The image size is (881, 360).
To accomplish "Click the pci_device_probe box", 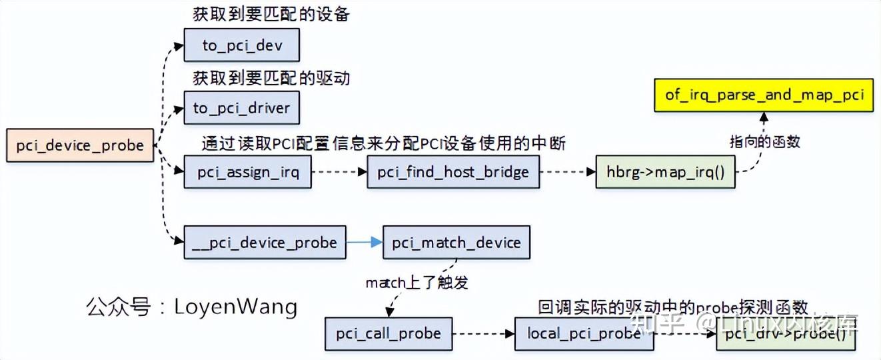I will (80, 145).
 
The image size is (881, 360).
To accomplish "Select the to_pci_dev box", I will (242, 45).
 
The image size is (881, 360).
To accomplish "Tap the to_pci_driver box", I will (242, 107).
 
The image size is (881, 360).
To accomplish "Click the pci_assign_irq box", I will (248, 172).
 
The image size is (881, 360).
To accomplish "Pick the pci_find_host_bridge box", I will (453, 172).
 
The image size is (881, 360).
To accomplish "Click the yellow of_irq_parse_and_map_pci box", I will (764, 95).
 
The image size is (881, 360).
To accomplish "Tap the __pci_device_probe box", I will (265, 243).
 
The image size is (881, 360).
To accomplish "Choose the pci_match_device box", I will (456, 243).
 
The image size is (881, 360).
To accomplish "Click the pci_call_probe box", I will (388, 333).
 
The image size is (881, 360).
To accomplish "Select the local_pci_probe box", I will (584, 333).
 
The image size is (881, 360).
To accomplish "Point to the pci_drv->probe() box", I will (784, 333).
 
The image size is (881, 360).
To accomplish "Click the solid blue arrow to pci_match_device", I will (364, 243).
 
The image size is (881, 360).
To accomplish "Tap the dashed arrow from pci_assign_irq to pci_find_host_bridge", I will (339, 172).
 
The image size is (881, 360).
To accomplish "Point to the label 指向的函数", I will (764, 141).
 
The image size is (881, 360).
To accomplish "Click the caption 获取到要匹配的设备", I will (271, 15).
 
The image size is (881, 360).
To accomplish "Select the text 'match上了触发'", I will (417, 283).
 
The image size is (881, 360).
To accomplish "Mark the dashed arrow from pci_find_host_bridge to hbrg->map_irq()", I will (567, 172).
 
